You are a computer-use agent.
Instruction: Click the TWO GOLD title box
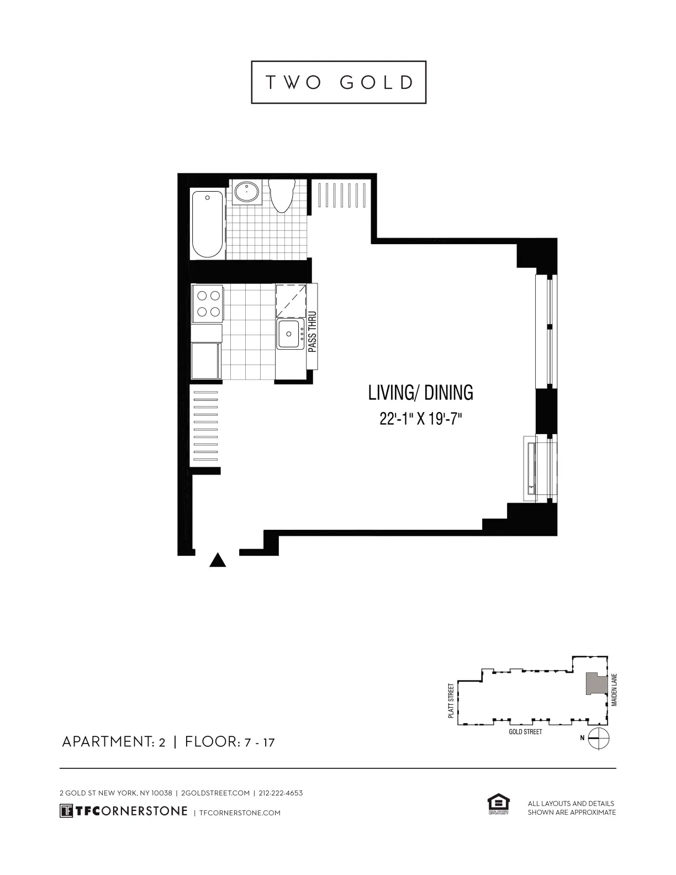(339, 82)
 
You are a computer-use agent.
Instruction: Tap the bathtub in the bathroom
(208, 224)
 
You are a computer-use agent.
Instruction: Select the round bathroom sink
(246, 192)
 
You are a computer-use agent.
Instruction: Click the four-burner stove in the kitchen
(207, 303)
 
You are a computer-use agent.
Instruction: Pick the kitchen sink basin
(289, 333)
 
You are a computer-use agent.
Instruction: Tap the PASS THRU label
(312, 331)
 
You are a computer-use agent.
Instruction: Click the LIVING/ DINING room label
(420, 393)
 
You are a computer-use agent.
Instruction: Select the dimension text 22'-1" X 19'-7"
(420, 419)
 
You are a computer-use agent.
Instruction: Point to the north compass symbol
(598, 737)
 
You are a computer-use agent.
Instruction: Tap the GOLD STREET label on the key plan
(525, 732)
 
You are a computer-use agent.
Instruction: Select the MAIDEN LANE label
(614, 690)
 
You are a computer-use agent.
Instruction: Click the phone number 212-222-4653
(281, 793)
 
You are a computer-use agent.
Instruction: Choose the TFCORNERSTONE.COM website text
(239, 813)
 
